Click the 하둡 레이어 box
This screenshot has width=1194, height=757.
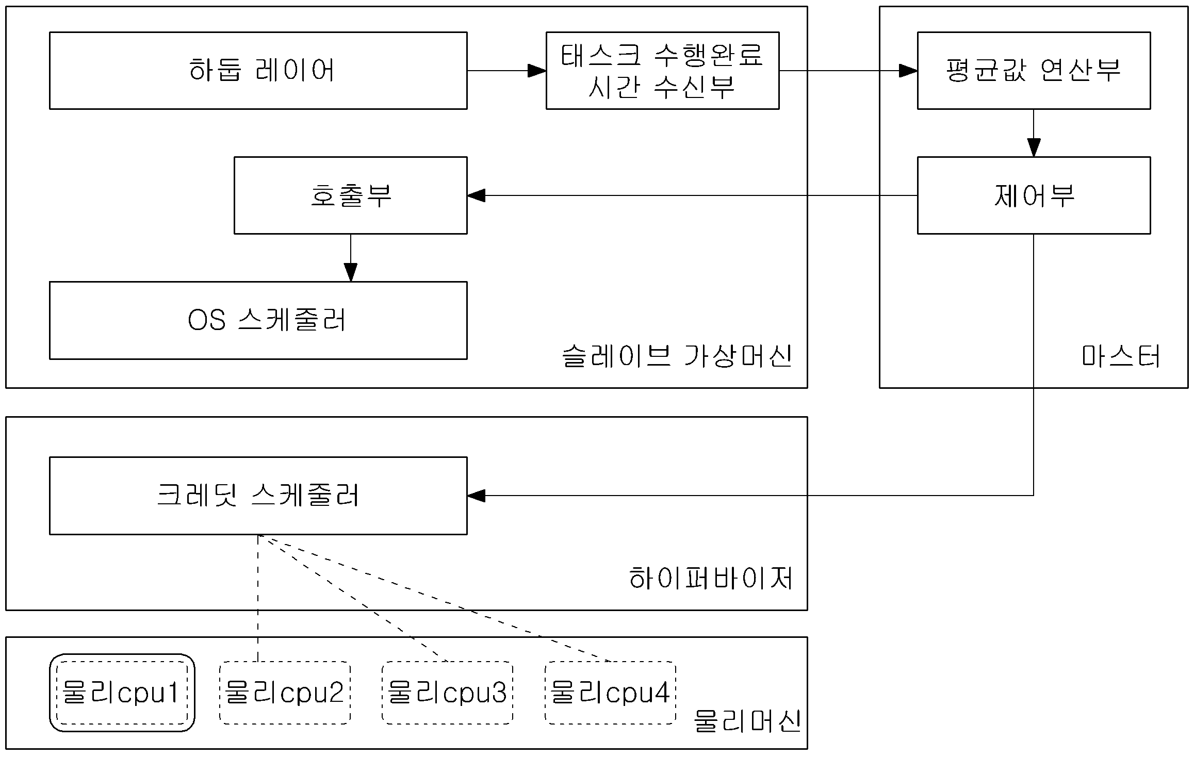(258, 71)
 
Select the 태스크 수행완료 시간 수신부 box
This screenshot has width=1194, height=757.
(662, 71)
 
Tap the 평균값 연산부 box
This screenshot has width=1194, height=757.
(1034, 71)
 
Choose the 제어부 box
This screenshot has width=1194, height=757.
(1034, 195)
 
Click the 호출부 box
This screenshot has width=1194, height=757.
(351, 195)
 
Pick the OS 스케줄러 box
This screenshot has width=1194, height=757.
(258, 320)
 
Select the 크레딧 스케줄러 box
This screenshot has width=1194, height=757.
(258, 496)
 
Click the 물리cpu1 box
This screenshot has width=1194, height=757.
(122, 693)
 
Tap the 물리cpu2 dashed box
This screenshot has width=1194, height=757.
(285, 693)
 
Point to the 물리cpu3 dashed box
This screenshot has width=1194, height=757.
(447, 693)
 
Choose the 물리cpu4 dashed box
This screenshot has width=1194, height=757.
(610, 693)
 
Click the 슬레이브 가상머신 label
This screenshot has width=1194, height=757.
(677, 356)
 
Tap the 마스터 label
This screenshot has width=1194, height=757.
(1121, 356)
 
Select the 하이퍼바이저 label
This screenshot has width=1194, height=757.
(711, 579)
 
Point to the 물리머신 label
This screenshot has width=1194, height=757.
(747, 721)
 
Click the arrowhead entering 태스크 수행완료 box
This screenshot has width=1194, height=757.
(537, 71)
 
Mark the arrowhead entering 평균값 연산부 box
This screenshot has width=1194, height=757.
(908, 71)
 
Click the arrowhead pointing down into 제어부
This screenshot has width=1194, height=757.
(1034, 147)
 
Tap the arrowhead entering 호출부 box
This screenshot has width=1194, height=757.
(477, 195)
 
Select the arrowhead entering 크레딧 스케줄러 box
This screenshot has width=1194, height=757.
(477, 496)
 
